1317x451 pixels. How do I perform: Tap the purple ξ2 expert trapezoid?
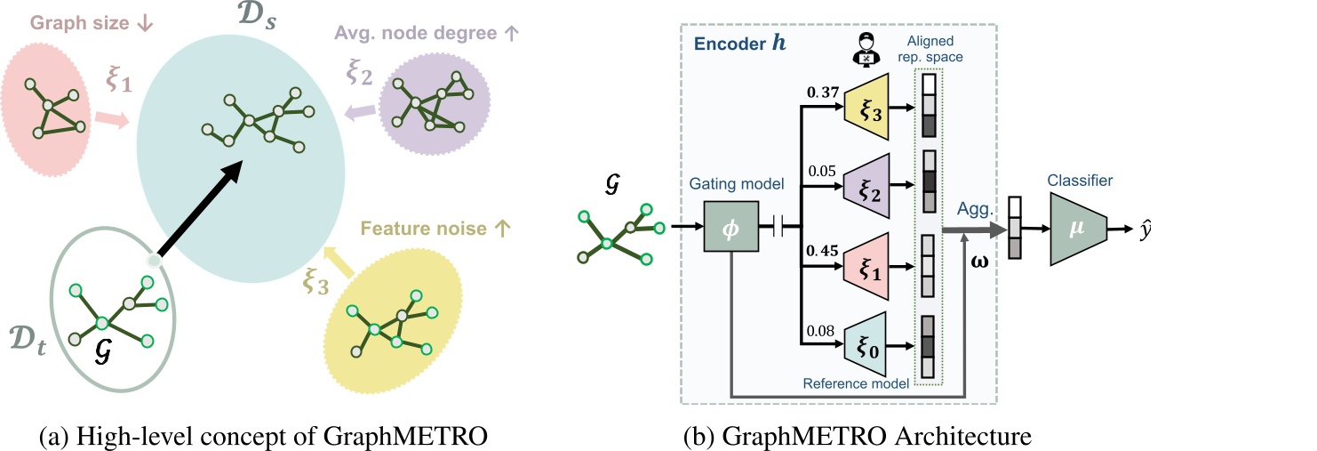874,187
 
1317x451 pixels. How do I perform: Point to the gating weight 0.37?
819,92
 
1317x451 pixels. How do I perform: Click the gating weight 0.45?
819,249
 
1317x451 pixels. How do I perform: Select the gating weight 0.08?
819,331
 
